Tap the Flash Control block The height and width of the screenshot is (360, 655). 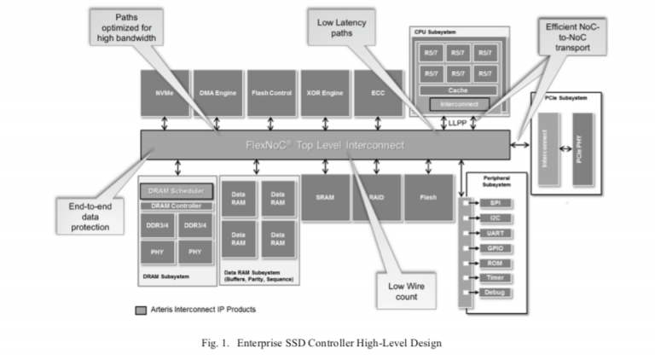271,93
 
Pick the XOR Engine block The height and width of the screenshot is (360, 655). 324,93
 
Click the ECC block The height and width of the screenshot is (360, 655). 378,93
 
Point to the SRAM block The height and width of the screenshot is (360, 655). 324,196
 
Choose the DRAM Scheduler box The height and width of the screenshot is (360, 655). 176,190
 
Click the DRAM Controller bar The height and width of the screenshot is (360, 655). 176,206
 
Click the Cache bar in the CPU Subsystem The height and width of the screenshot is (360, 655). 459,90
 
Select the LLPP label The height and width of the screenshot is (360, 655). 458,123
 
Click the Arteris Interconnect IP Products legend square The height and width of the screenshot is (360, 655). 140,310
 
